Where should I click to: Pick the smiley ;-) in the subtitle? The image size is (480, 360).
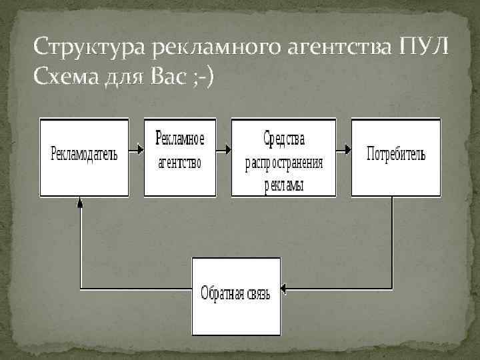(x=203, y=79)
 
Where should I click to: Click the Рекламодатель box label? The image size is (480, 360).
(x=84, y=154)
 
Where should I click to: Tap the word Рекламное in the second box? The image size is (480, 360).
(x=180, y=139)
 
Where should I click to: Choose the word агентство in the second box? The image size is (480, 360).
(x=180, y=163)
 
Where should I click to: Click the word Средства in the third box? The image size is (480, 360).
(x=283, y=139)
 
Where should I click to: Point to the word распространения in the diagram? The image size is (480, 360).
(x=283, y=162)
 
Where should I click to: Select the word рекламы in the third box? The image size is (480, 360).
(x=283, y=185)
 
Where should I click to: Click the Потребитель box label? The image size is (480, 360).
(x=395, y=154)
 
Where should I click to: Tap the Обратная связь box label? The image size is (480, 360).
(x=236, y=293)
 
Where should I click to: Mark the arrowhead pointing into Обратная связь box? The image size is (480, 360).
(x=283, y=289)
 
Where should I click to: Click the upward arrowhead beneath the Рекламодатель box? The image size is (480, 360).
(x=79, y=201)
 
